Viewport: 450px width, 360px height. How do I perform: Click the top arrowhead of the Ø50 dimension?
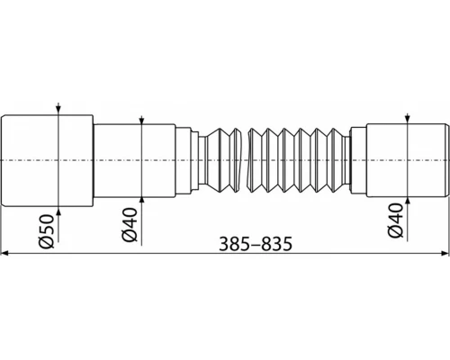(58, 112)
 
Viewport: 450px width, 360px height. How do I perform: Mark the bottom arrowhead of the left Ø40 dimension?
(142, 199)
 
